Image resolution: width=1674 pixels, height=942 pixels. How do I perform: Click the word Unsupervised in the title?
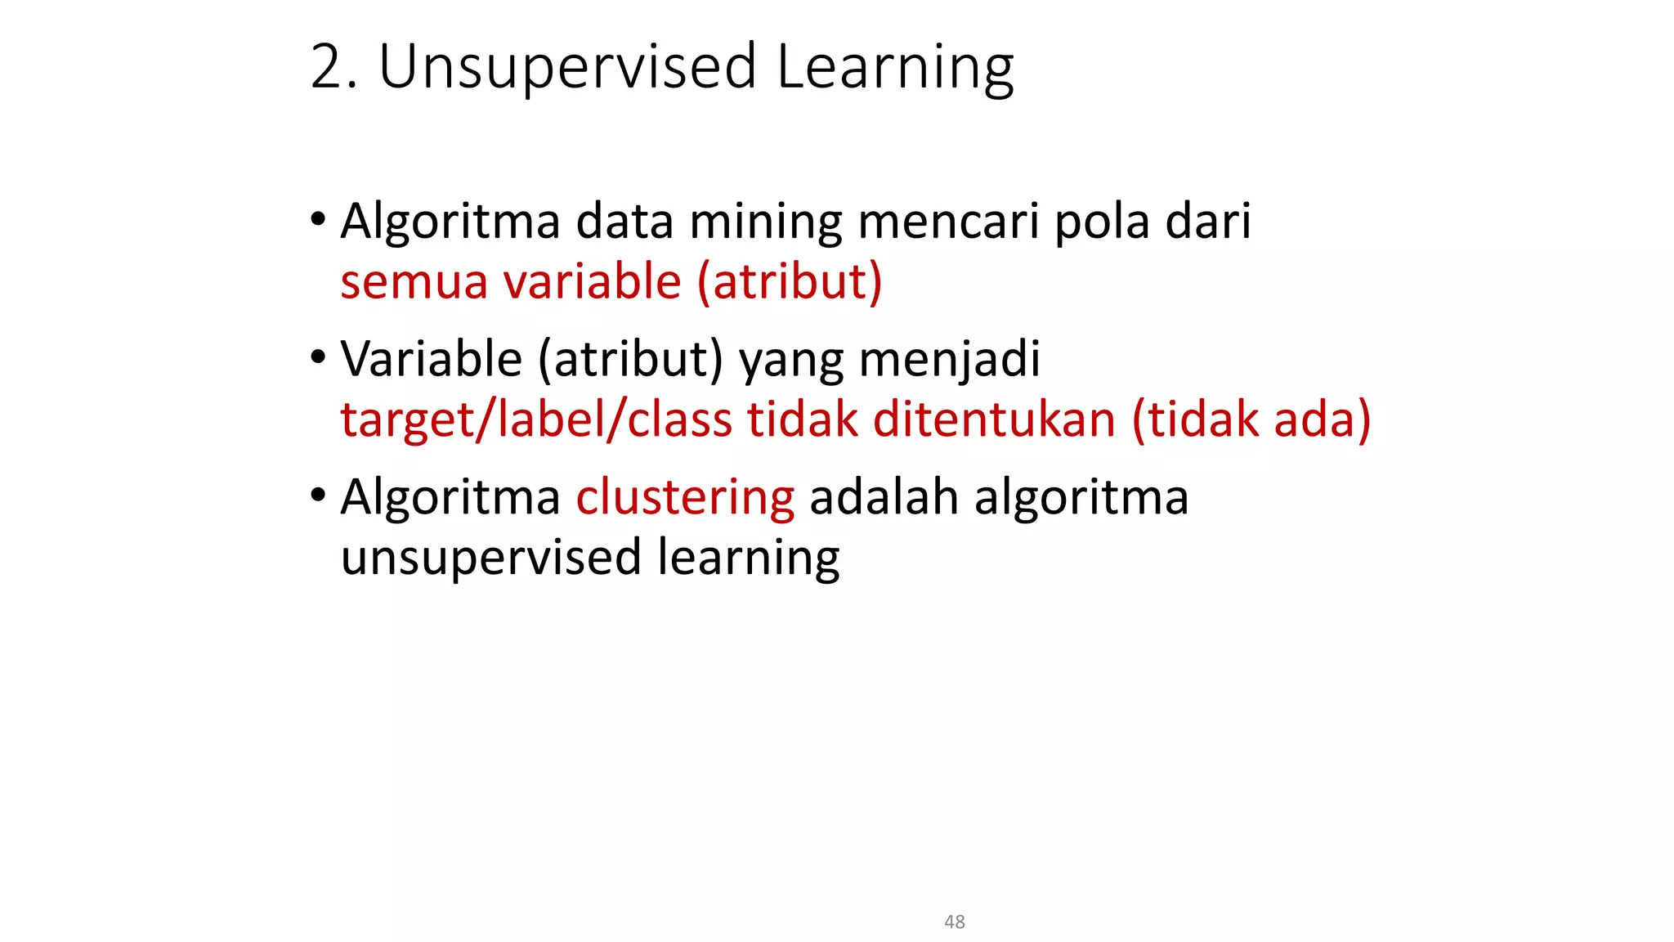(x=566, y=67)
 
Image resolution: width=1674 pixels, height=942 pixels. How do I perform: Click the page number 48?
(x=954, y=922)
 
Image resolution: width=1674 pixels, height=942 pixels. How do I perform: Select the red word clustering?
(x=685, y=497)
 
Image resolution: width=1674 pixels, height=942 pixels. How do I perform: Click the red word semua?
(x=414, y=282)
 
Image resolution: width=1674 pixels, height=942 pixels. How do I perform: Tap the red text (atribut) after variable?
(x=790, y=282)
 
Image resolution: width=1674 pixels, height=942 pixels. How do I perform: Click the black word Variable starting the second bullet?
(x=431, y=359)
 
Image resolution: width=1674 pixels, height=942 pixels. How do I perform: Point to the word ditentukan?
(x=994, y=419)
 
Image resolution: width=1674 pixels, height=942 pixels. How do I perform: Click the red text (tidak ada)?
(x=1251, y=419)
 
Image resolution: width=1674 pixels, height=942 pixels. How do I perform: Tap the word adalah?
(x=884, y=497)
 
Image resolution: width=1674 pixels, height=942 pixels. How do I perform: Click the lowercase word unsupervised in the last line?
(x=490, y=558)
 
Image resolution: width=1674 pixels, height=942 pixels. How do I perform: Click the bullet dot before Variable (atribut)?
(x=318, y=357)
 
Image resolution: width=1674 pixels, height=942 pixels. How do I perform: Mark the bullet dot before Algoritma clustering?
(x=318, y=496)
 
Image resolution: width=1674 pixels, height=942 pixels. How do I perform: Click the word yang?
(x=791, y=361)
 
